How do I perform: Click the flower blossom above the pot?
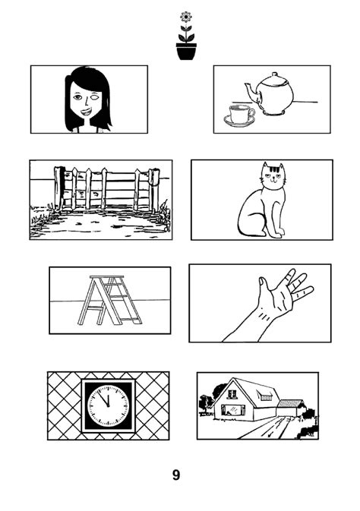[x=186, y=17]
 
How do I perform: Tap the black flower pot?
[x=186, y=52]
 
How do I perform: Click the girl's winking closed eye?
[x=95, y=97]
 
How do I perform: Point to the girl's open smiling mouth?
[x=87, y=112]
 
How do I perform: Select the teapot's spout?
[x=251, y=93]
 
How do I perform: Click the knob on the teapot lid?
[x=275, y=74]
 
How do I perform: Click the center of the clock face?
[x=109, y=406]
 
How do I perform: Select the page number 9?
[x=176, y=475]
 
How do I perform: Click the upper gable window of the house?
[x=232, y=394]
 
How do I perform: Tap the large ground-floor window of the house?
[x=233, y=410]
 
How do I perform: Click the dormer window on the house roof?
[x=265, y=396]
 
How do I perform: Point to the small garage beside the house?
[x=291, y=408]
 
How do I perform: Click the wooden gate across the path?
[x=106, y=189]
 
